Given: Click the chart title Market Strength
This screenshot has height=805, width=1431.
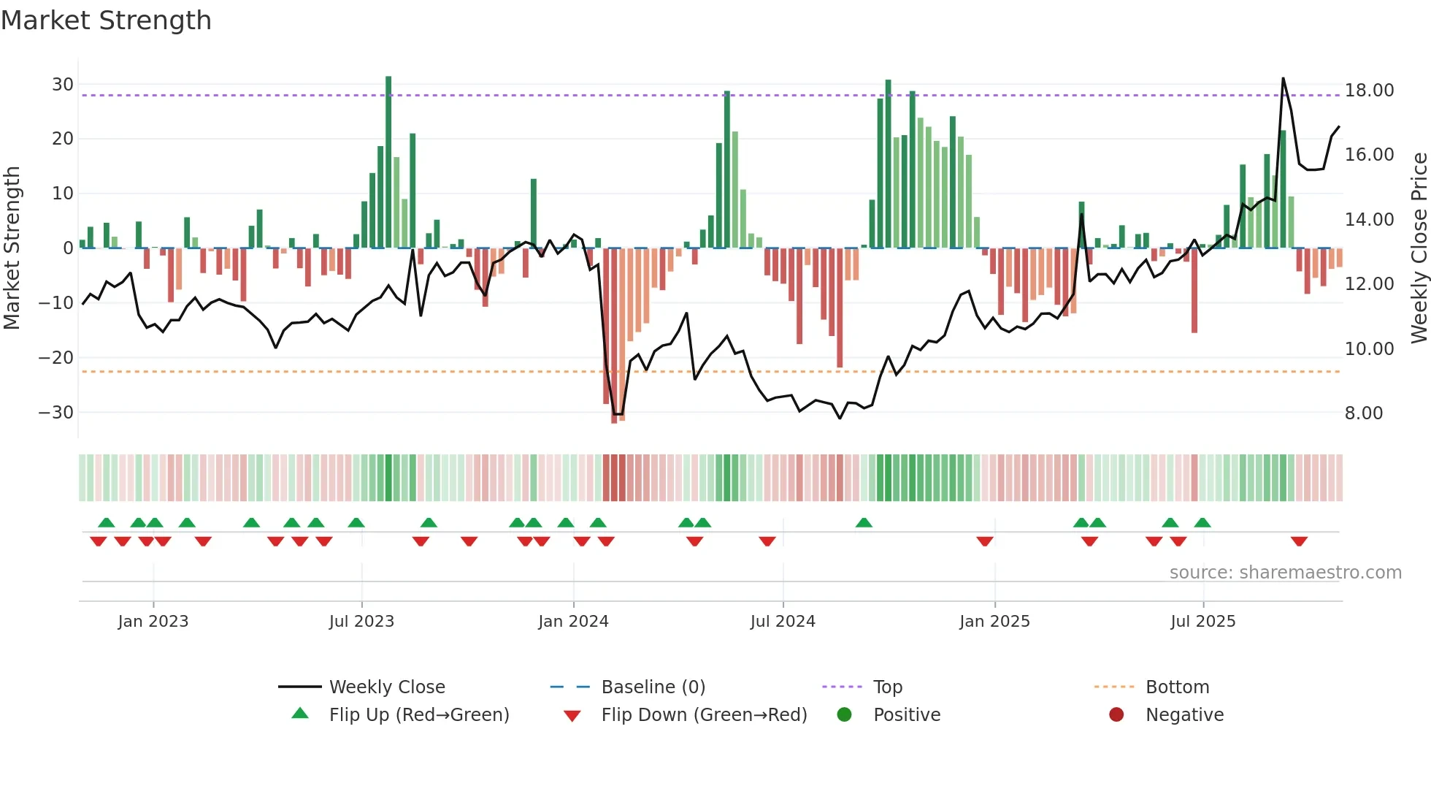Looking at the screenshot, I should [x=106, y=20].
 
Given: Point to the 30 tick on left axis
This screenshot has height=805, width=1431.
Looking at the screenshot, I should [x=63, y=84].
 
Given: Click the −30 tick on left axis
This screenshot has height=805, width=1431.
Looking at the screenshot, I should [x=57, y=413].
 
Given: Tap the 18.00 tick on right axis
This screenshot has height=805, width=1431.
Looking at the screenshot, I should [x=1369, y=91].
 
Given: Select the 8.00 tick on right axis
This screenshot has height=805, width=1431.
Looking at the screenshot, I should [x=1364, y=413].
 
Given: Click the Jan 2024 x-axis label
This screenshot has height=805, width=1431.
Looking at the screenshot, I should [x=573, y=622].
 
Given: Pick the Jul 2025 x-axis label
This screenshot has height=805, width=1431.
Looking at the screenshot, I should [x=1202, y=622].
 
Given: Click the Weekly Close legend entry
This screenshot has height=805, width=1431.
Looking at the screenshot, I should [x=386, y=687].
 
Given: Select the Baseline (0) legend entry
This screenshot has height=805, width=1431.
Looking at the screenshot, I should [x=653, y=687].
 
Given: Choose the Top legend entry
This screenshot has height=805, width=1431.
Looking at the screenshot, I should [x=887, y=687].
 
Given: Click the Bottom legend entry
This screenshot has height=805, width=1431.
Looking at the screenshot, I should [x=1177, y=687].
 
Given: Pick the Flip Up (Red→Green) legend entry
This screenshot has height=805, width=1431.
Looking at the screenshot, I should [x=418, y=715].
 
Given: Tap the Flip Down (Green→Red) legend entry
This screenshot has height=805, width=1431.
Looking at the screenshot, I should [x=704, y=715].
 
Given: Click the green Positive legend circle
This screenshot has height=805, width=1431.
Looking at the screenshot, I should [x=845, y=715].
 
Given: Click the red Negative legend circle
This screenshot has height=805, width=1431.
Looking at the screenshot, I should [x=1116, y=715].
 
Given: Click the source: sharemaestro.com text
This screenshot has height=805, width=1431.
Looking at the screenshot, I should [x=1285, y=573].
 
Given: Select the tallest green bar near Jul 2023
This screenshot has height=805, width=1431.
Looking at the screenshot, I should [x=388, y=161].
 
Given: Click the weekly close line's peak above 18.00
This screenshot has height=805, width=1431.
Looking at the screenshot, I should [x=1283, y=78].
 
